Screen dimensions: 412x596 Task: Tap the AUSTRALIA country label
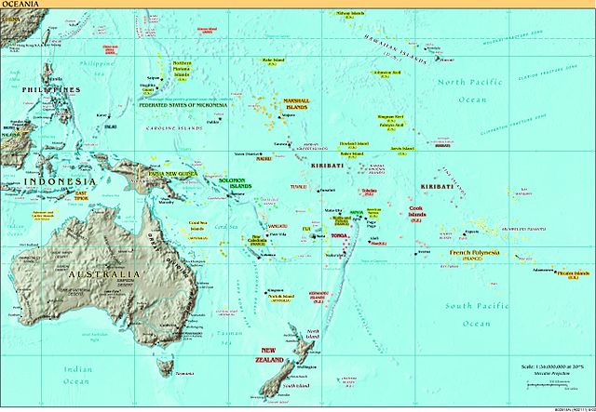point(104,274)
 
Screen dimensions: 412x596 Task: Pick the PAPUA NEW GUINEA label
point(168,173)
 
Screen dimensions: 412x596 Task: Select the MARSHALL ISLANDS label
point(296,108)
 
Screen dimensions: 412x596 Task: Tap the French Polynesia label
point(474,253)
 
